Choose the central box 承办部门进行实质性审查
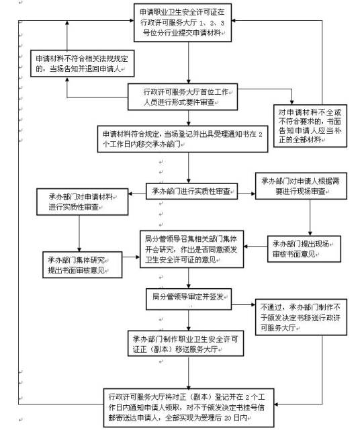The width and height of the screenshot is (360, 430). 193,191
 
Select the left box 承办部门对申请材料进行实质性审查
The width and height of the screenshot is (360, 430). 79,202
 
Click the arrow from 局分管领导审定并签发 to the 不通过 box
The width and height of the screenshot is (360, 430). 243,298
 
